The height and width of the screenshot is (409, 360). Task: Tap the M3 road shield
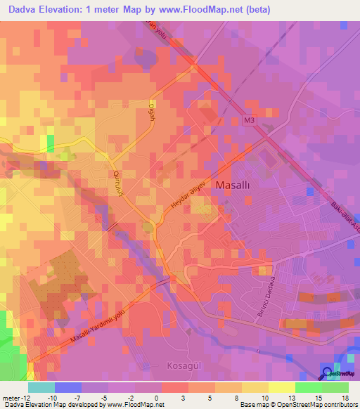[x=250, y=121]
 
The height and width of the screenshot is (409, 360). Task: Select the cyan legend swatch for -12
[x=41, y=387]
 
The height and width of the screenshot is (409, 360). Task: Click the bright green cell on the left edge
[x=49, y=143]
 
